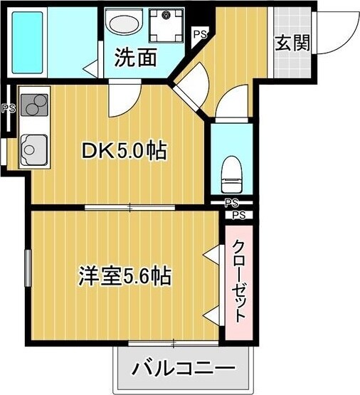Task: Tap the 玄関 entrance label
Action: (x=292, y=43)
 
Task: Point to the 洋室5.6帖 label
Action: (x=124, y=276)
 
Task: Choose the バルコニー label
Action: (x=184, y=369)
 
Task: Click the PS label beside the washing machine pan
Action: (x=200, y=33)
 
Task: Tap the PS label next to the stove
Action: (x=8, y=109)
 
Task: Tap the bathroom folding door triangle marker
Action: (x=90, y=69)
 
